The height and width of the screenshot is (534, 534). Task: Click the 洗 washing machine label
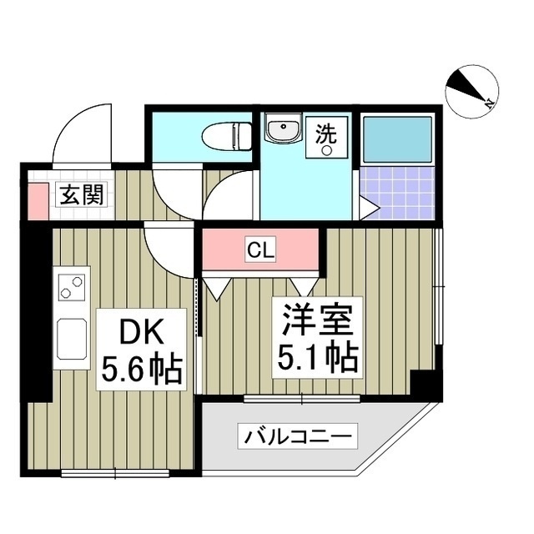click(x=325, y=130)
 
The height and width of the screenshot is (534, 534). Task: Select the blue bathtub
click(x=396, y=138)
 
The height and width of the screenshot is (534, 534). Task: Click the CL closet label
click(x=258, y=248)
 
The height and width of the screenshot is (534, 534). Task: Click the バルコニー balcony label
click(x=299, y=435)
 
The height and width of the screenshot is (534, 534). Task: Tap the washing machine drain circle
click(x=327, y=150)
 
